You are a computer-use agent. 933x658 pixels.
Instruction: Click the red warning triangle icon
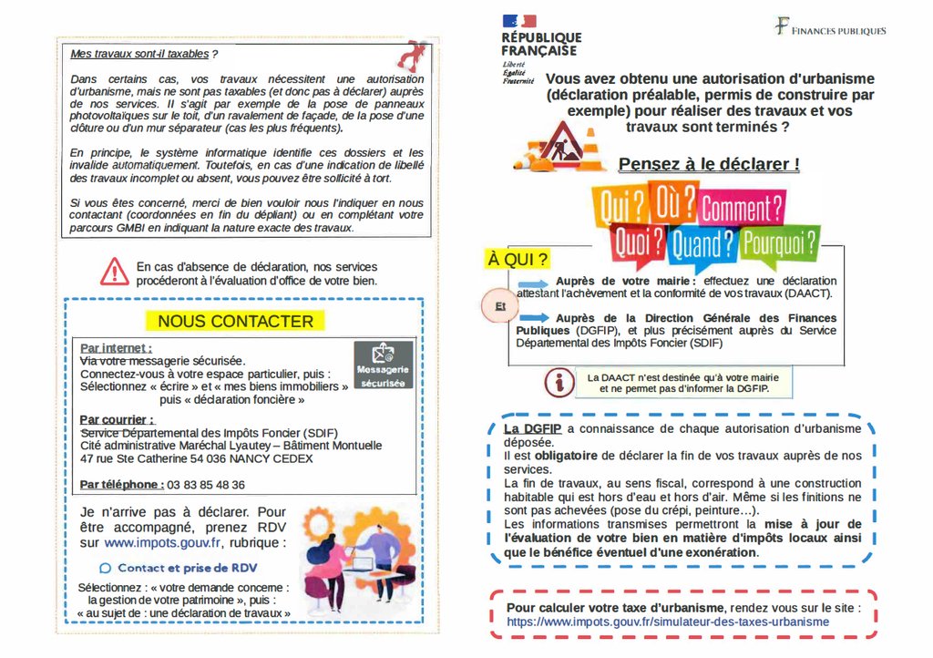coord(115,272)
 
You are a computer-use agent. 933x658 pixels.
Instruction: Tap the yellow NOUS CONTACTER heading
coord(235,321)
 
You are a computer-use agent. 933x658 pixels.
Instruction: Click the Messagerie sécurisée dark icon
coord(383,365)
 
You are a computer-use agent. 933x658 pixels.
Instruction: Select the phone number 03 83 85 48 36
coord(207,485)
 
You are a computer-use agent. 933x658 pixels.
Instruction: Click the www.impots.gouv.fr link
coord(163,542)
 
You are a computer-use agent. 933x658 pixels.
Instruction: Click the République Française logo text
coord(541,44)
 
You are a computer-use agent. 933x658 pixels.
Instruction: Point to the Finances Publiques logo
coord(830,28)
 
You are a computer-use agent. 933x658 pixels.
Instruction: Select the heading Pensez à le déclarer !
coord(709,164)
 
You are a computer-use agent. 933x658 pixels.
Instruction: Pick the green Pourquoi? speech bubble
coord(779,242)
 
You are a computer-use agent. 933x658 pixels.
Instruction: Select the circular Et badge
coord(499,307)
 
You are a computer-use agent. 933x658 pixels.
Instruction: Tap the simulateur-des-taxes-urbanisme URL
coord(668,622)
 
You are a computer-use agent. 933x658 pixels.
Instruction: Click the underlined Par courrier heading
coord(117,419)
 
